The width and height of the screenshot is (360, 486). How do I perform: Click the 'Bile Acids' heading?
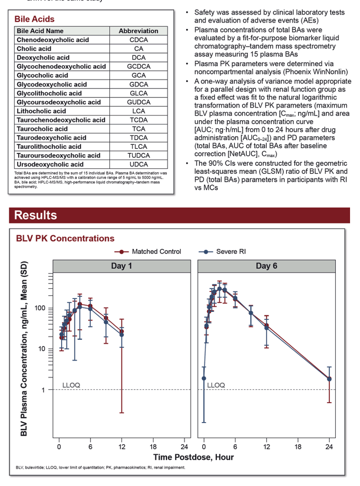click(x=35, y=19)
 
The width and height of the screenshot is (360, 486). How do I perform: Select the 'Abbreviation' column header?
click(x=138, y=31)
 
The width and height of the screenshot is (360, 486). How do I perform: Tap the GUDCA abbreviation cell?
click(x=138, y=102)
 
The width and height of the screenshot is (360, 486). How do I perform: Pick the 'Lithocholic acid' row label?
click(x=41, y=111)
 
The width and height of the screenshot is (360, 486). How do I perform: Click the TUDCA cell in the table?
click(x=138, y=156)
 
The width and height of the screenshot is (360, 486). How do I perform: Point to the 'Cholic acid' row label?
click(x=34, y=49)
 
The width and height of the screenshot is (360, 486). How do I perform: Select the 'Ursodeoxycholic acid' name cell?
click(x=50, y=164)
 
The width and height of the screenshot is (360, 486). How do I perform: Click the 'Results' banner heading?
click(x=36, y=215)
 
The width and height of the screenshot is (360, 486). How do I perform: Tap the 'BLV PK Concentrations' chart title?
click(x=65, y=239)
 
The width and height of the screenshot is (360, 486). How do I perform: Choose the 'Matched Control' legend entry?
click(x=148, y=252)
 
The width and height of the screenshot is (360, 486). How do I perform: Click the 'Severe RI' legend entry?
click(x=222, y=252)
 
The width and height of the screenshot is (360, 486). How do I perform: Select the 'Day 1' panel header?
click(x=122, y=266)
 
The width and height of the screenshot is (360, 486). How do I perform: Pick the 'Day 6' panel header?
click(x=267, y=266)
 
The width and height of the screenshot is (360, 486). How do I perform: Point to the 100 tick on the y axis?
click(x=40, y=308)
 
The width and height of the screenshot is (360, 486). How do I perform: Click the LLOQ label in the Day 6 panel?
click(x=216, y=385)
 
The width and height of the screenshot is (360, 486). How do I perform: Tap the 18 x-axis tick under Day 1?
click(x=153, y=447)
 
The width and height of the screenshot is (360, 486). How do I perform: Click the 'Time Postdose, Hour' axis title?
click(x=194, y=457)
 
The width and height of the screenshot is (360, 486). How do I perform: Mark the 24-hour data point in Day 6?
click(x=329, y=379)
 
